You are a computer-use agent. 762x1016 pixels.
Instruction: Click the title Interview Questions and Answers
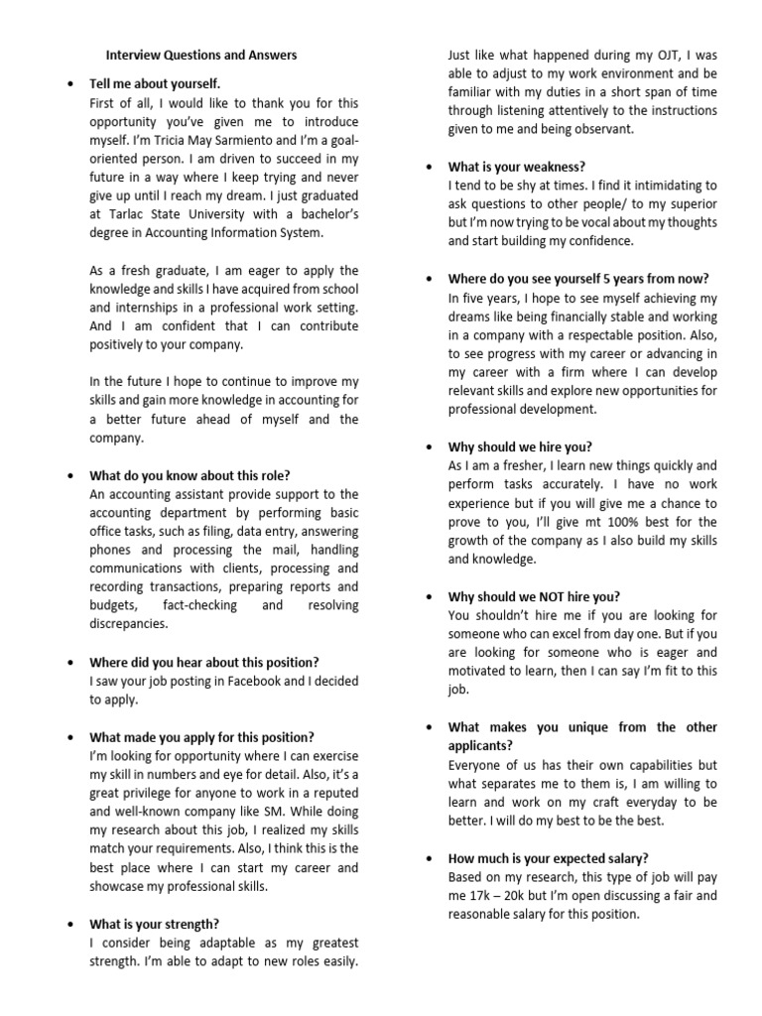[201, 56]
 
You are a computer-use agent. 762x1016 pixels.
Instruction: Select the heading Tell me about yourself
[155, 84]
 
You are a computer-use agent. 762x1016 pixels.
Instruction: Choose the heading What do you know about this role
[190, 475]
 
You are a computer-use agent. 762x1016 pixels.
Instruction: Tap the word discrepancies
[129, 624]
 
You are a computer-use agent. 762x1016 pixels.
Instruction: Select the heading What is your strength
[155, 924]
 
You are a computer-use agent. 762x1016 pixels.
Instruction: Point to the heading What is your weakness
[516, 167]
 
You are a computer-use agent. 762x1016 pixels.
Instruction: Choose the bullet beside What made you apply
[69, 738]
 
